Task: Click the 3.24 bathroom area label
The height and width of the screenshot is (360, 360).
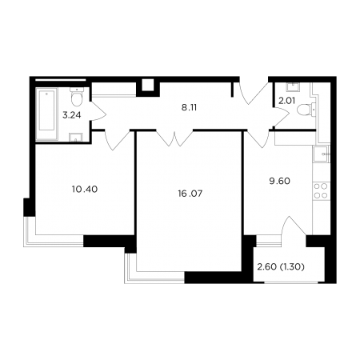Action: pos(72,115)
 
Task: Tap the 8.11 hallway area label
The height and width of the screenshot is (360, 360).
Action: pos(189,108)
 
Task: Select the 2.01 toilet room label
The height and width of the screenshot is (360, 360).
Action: pos(286,101)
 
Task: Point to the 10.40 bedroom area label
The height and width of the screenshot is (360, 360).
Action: pos(85,190)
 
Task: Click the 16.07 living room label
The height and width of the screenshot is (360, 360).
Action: pos(190,194)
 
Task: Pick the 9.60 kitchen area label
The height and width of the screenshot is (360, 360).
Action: pos(279,182)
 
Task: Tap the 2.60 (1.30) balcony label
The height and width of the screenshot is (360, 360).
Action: pos(281,267)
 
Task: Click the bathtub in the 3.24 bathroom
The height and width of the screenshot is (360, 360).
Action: pos(47,114)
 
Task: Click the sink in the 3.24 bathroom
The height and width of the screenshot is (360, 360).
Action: pos(76,138)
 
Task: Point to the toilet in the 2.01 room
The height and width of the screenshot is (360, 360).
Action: pos(305,110)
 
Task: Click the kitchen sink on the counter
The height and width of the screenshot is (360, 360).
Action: pos(322,154)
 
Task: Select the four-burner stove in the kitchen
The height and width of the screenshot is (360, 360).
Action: pos(322,191)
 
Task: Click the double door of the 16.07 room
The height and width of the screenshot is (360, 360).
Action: pos(174,138)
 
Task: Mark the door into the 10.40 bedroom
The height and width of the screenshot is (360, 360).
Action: pos(118,140)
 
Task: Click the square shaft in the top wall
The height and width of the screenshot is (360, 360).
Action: pos(148,86)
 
